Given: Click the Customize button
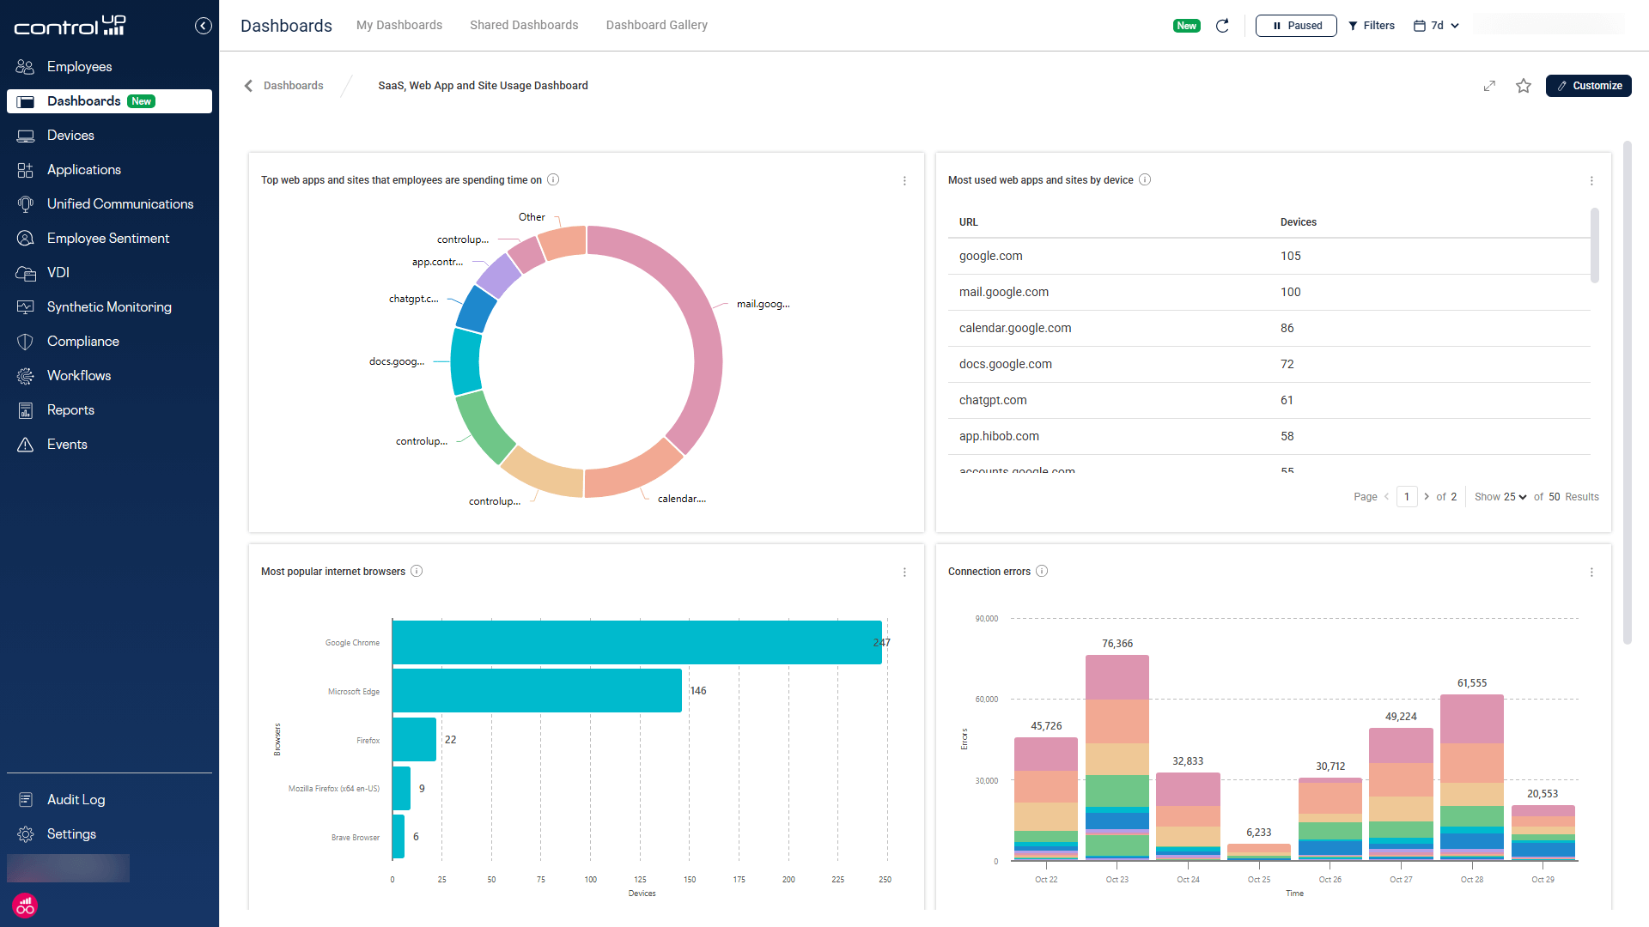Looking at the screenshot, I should pos(1588,86).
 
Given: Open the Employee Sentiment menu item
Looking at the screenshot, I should pos(107,239).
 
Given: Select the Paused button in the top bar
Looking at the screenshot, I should pos(1295,26).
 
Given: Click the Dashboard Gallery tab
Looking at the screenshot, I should pos(656,25).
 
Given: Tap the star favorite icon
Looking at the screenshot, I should pos(1523,86).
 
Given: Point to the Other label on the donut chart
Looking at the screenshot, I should pos(531,217).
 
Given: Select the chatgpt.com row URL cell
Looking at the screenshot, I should pos(992,400).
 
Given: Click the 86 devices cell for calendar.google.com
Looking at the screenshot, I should pos(1287,328).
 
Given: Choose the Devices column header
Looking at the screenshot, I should pos(1298,222).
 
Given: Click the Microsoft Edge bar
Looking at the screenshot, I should pos(537,691).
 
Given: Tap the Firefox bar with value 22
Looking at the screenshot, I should pos(414,740).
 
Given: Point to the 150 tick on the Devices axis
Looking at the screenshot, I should pos(690,880).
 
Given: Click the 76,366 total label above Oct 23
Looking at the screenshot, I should pos(1117,644).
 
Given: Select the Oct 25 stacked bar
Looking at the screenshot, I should pos(1258,851).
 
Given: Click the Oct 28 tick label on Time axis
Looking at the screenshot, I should pos(1471,880).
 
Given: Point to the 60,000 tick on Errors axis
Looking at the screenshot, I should pos(986,700).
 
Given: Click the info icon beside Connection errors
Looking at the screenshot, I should pos(1042,572).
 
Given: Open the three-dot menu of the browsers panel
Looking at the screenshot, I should pos(904,573).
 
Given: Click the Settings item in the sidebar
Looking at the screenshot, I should pos(71,834).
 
